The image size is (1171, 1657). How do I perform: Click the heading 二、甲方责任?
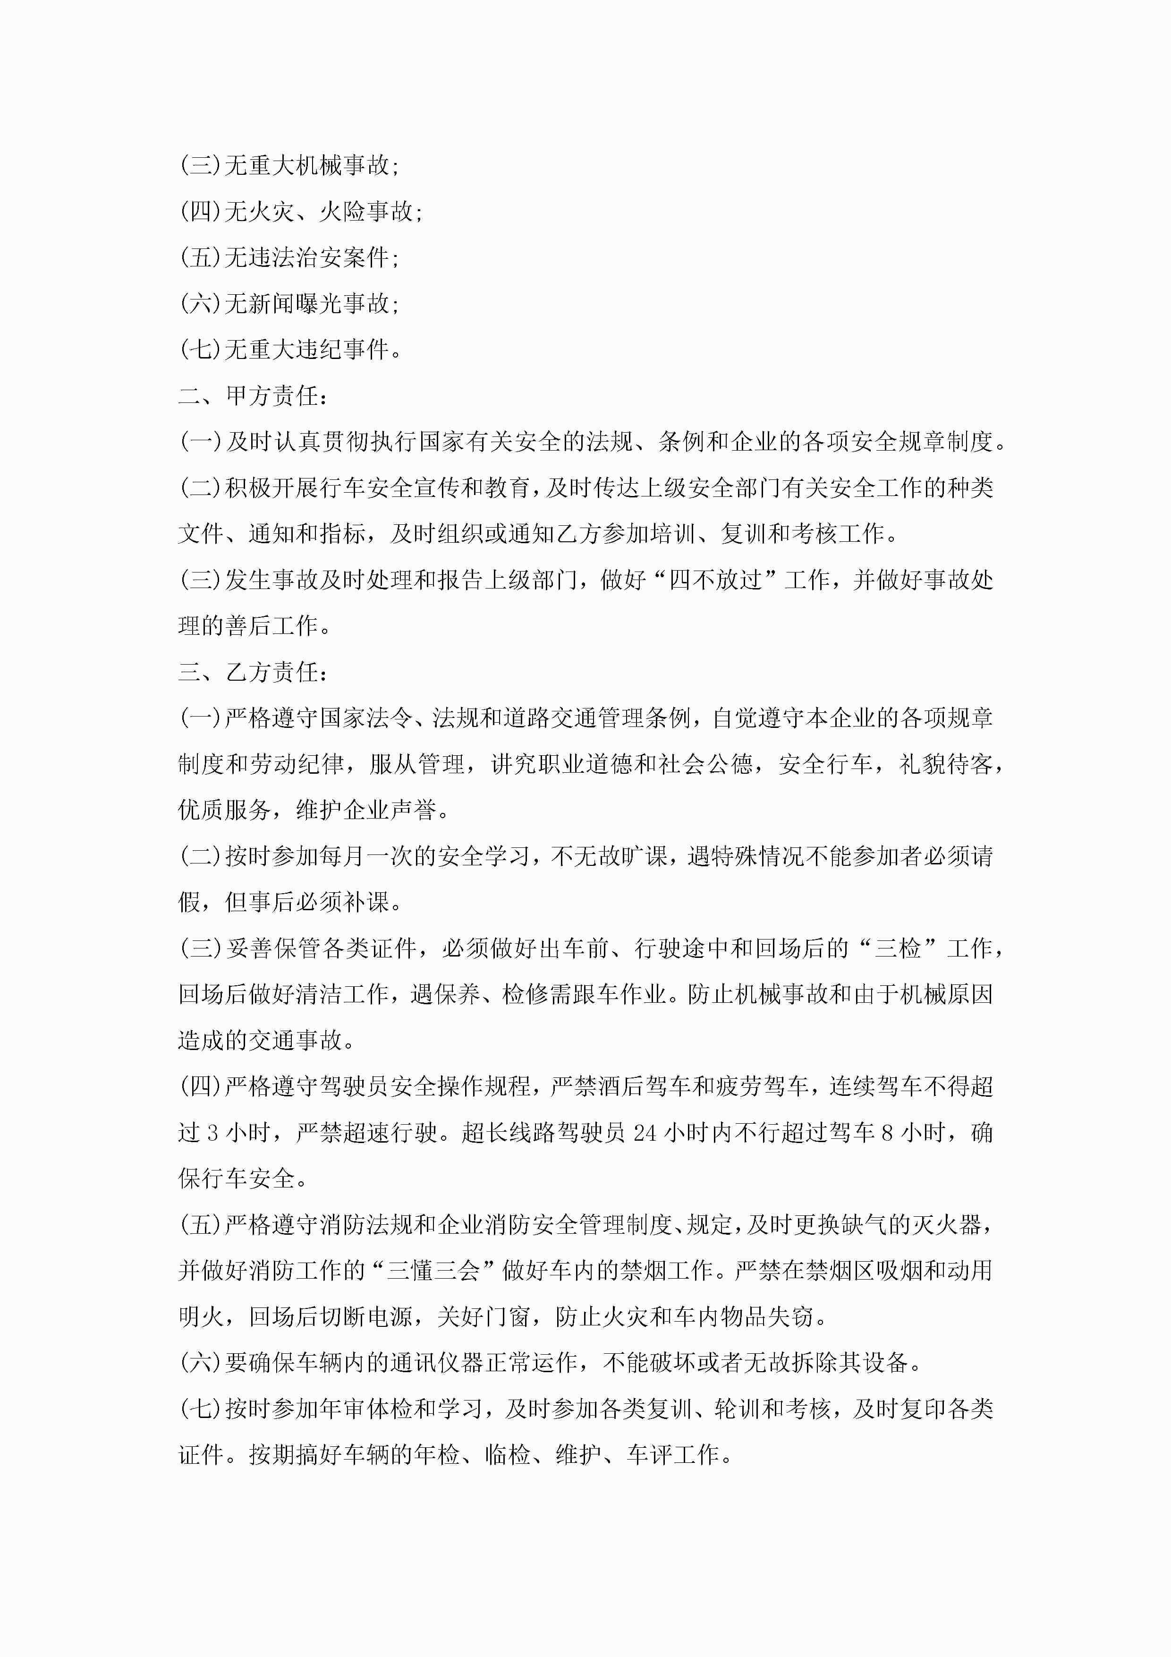(x=253, y=395)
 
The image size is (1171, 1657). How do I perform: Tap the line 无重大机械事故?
(x=289, y=165)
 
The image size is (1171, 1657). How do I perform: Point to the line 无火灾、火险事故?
(x=301, y=212)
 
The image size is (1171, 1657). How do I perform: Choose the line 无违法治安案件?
(x=289, y=257)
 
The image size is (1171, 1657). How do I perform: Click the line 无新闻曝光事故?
(x=289, y=304)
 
